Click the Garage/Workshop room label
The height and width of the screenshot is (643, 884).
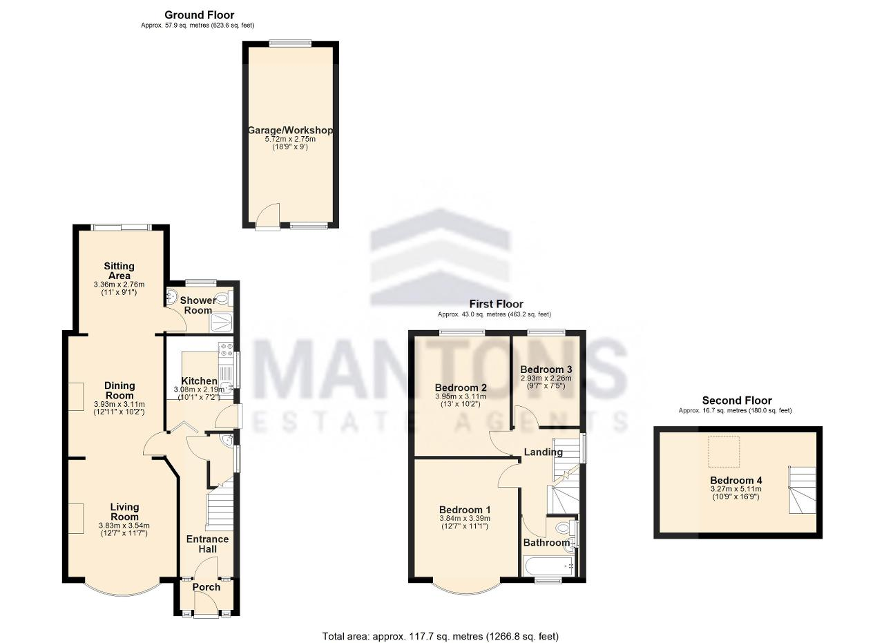click(290, 131)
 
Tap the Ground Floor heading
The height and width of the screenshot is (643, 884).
click(200, 15)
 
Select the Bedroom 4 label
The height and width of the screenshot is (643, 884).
click(736, 481)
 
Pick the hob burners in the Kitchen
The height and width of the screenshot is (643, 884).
click(226, 350)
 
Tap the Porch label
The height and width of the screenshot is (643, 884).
click(206, 587)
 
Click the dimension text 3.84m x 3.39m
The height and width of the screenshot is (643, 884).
click(465, 518)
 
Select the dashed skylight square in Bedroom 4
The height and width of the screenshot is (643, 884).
click(724, 451)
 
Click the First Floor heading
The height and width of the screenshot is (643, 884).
click(496, 304)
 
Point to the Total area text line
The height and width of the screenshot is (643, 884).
click(441, 625)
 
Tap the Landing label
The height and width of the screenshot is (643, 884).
click(543, 452)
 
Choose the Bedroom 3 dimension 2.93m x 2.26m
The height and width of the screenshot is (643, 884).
click(546, 378)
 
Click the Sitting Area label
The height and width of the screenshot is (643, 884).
click(119, 271)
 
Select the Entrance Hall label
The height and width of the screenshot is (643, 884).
click(208, 544)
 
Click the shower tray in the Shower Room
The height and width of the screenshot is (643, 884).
click(222, 323)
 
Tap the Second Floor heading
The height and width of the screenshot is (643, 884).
click(737, 401)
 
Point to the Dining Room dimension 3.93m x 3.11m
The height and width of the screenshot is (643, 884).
click(119, 404)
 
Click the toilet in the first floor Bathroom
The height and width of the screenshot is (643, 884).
click(563, 528)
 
